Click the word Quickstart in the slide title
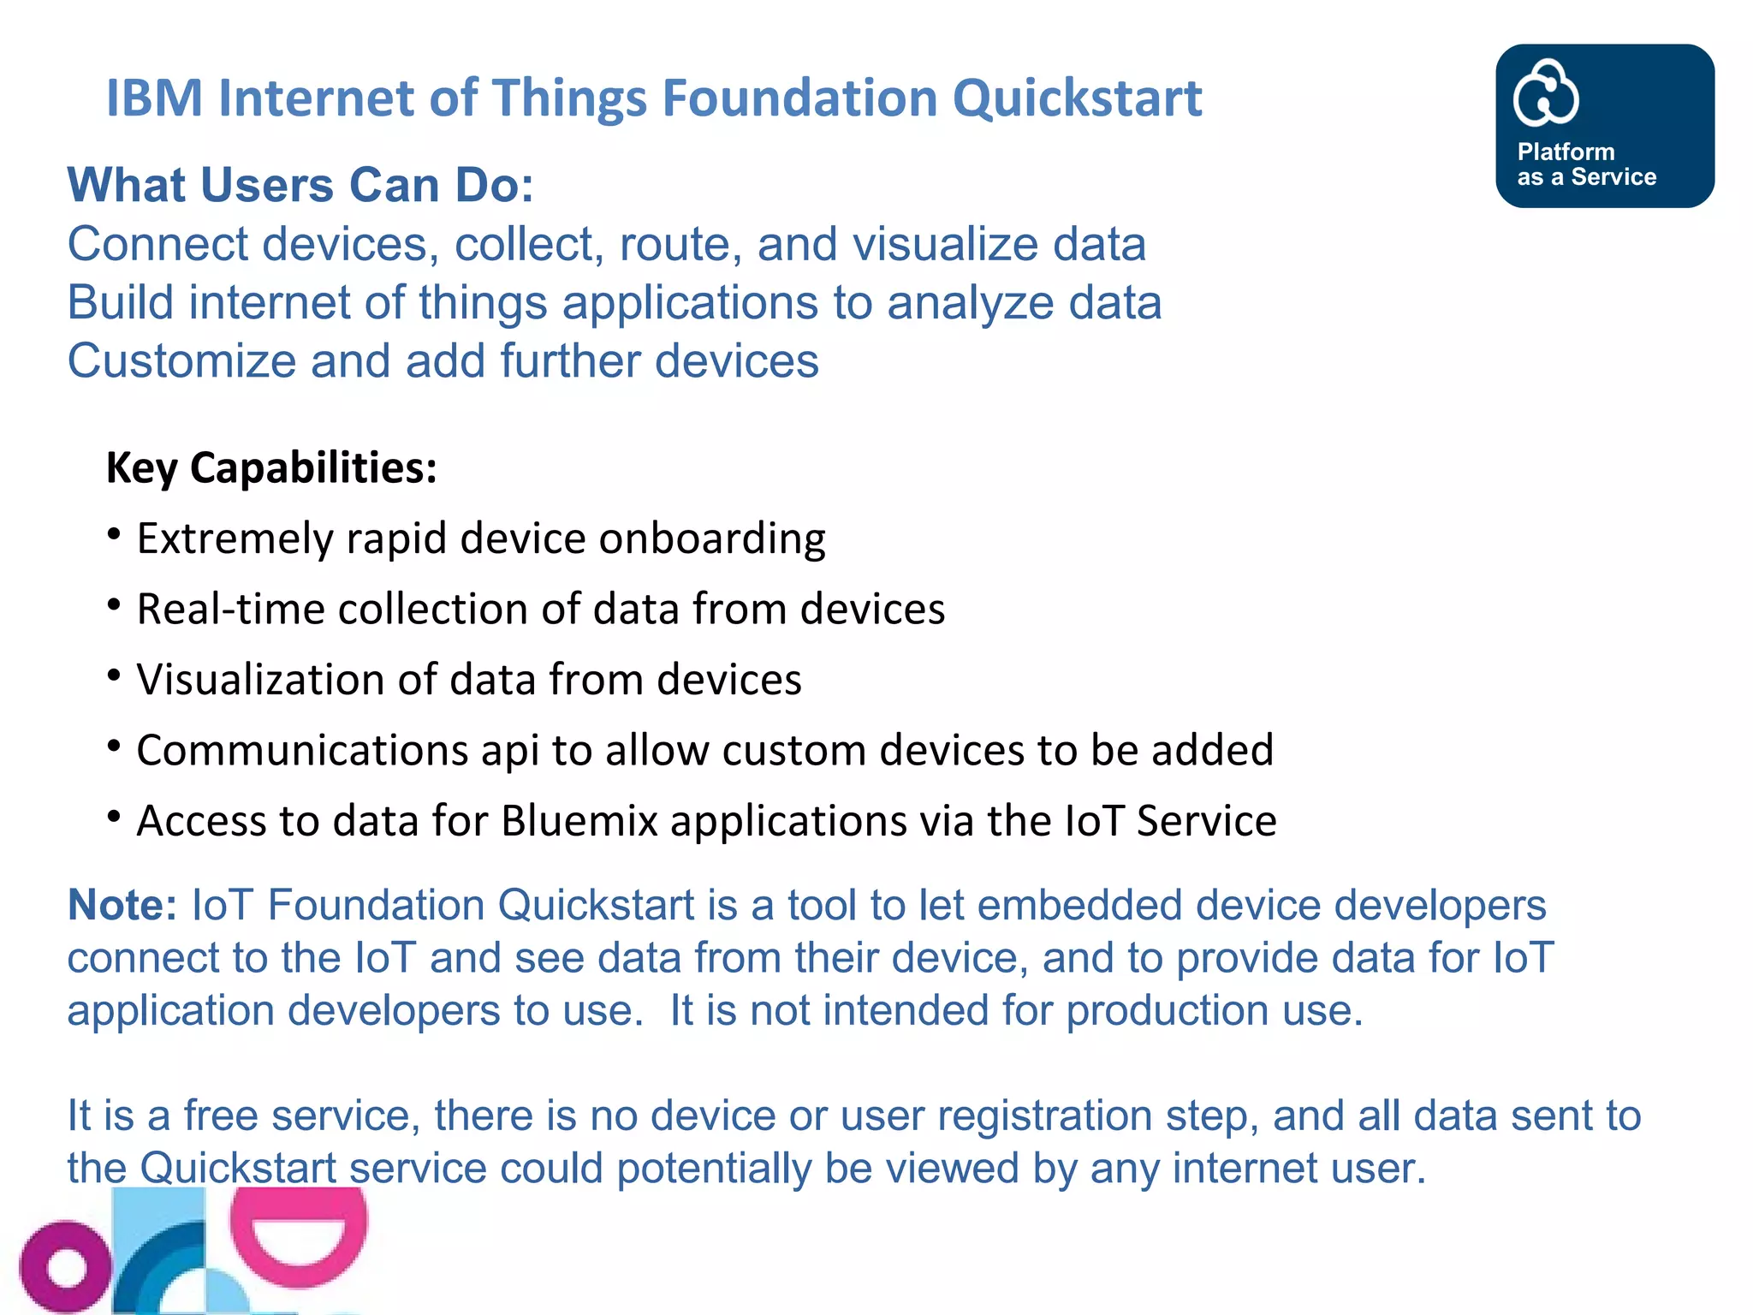click(1077, 98)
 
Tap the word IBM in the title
click(154, 98)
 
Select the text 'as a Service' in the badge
click(1587, 177)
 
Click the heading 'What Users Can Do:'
click(300, 185)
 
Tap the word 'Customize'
click(181, 361)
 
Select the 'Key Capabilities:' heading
click(271, 468)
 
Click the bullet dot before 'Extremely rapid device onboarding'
click(114, 534)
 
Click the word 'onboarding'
click(712, 539)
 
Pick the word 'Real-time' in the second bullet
click(230, 610)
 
